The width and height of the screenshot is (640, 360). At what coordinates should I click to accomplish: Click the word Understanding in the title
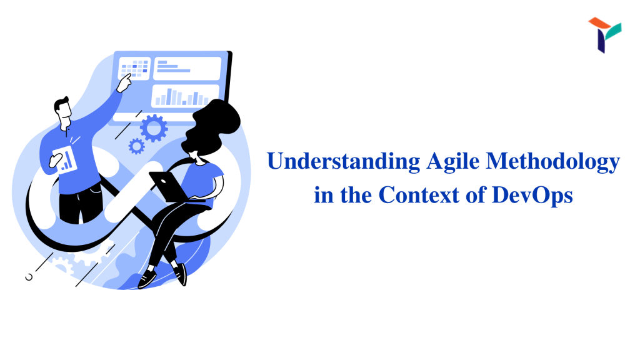(x=344, y=161)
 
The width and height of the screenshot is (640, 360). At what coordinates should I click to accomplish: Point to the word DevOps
(x=532, y=196)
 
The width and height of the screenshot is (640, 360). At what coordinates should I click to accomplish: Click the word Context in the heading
(x=419, y=195)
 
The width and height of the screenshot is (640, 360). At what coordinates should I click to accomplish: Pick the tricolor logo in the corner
(x=605, y=35)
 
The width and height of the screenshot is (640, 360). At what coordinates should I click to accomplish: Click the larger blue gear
(x=154, y=128)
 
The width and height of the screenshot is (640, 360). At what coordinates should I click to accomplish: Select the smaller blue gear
(x=136, y=146)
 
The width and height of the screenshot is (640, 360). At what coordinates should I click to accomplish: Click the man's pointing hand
(x=124, y=83)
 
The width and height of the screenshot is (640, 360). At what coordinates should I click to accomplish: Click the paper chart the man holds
(x=65, y=160)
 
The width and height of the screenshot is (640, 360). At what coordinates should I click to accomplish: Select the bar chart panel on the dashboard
(x=184, y=96)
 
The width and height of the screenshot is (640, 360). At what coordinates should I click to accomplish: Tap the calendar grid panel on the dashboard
(x=134, y=68)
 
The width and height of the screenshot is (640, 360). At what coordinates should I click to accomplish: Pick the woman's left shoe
(x=147, y=279)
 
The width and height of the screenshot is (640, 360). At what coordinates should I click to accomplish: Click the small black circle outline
(x=29, y=277)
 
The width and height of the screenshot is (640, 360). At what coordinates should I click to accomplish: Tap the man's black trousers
(x=81, y=206)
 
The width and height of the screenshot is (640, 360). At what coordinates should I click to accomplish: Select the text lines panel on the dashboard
(x=187, y=67)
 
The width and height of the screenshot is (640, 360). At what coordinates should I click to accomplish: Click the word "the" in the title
(x=356, y=195)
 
